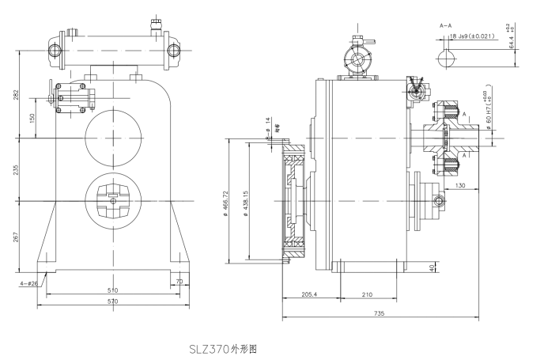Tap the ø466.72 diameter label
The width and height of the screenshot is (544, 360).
pyautogui.click(x=227, y=204)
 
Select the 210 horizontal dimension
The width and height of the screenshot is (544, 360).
pyautogui.click(x=367, y=295)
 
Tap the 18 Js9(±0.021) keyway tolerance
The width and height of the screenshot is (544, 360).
pyautogui.click(x=474, y=36)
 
